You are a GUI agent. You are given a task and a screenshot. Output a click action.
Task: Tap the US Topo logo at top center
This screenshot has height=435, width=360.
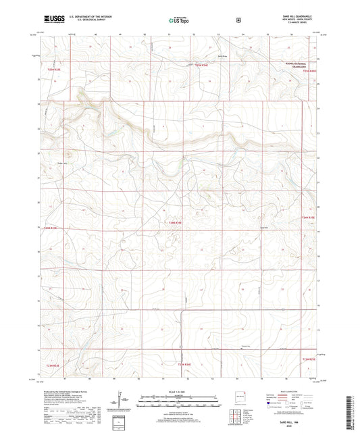tap(178, 22)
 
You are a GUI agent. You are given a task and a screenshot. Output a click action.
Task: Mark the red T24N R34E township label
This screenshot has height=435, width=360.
tap(174, 222)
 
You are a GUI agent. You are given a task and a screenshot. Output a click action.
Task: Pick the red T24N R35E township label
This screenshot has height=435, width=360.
tap(308, 217)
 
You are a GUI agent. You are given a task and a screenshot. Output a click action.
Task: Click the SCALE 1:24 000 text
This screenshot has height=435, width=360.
tap(179, 392)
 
